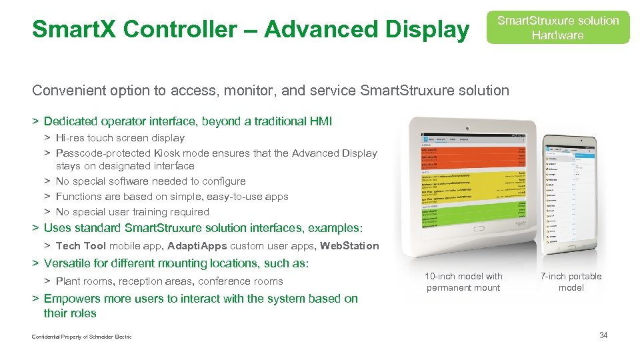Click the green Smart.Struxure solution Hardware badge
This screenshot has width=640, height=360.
click(557, 27)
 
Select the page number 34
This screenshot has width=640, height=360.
click(603, 335)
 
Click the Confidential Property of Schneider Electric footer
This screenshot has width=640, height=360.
click(81, 337)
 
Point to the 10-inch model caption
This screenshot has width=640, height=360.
click(463, 282)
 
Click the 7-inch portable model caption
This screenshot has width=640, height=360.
click(571, 282)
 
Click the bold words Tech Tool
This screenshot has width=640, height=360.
click(81, 246)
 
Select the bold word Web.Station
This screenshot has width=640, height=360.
click(349, 246)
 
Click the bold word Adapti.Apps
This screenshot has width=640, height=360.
click(198, 246)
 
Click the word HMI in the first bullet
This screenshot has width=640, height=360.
click(321, 121)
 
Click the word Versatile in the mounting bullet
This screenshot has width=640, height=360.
click(68, 263)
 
